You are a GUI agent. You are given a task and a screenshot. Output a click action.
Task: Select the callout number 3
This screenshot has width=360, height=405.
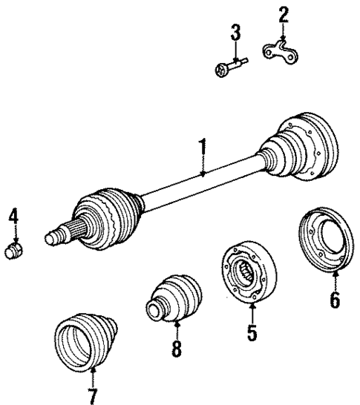tap(235, 33)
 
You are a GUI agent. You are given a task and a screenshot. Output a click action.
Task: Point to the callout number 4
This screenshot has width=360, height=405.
tap(13, 217)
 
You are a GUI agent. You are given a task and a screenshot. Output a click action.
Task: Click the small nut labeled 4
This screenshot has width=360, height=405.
tap(14, 250)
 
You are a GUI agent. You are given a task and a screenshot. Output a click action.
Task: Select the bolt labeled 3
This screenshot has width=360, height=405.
tap(229, 69)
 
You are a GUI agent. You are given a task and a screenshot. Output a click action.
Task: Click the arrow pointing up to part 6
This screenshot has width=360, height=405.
tap(335, 280)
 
